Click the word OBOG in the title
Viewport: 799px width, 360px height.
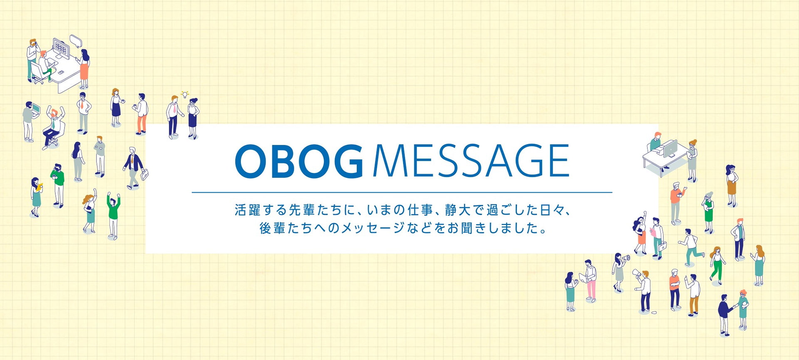click(x=299, y=161)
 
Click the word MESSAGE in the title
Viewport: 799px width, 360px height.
click(x=471, y=161)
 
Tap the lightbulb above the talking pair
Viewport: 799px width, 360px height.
click(x=185, y=94)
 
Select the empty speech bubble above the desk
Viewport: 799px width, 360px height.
click(x=76, y=41)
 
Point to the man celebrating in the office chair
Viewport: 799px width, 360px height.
click(x=53, y=127)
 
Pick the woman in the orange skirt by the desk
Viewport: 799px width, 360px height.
click(x=84, y=69)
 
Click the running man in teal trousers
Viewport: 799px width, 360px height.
click(x=691, y=247)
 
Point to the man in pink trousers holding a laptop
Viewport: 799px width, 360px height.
click(x=589, y=281)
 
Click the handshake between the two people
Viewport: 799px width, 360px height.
click(x=735, y=307)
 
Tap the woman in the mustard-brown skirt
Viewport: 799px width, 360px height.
click(x=732, y=186)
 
